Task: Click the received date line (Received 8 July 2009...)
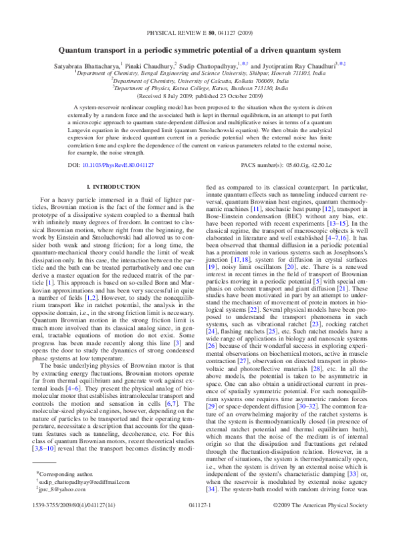click(x=200, y=94)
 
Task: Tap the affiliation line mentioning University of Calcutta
click(x=200, y=79)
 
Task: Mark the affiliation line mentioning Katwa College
click(x=200, y=86)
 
